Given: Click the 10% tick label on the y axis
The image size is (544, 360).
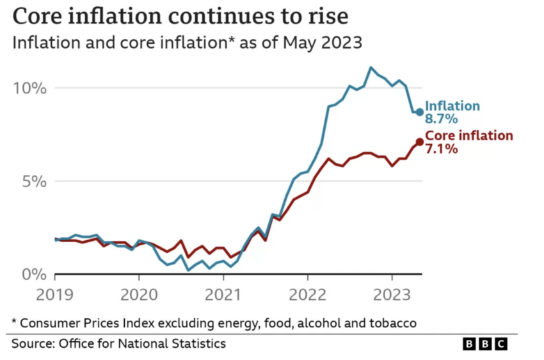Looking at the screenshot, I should [x=29, y=88].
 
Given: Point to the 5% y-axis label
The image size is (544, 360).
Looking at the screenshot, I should [x=33, y=181].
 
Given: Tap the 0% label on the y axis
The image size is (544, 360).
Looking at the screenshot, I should [x=33, y=274].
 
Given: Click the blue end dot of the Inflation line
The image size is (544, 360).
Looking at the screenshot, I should [x=420, y=112].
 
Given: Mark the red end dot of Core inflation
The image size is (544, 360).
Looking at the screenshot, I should [x=420, y=142].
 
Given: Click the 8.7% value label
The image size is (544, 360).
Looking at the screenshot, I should [x=442, y=119].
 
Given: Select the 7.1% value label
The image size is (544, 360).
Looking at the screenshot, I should [x=442, y=149].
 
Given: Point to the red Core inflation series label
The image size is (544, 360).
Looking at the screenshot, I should [x=469, y=136].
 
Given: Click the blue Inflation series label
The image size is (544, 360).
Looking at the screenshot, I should [x=452, y=106].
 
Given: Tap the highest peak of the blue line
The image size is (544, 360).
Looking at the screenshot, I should [x=371, y=67].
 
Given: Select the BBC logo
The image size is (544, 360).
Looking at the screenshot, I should [x=484, y=344].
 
